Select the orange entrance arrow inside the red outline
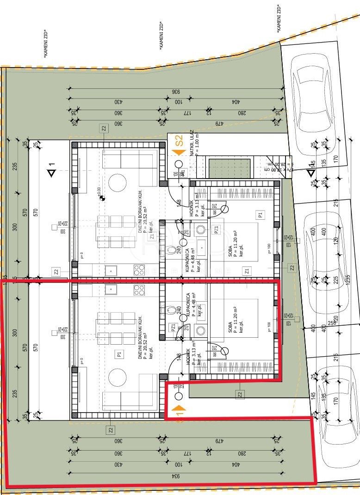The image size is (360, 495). pos(179,409)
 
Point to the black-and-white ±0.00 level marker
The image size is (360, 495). pos(102,198)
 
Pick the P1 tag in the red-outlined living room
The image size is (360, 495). pos(119,354)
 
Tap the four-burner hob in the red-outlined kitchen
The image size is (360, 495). pos(139,290)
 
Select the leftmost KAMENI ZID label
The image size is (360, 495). pos(45,44)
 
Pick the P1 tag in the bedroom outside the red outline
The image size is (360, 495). pos(260,215)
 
